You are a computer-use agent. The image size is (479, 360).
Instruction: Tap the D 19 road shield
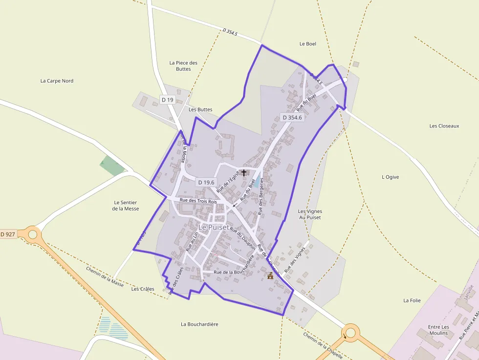167,100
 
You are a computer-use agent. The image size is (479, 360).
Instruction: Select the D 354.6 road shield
292,117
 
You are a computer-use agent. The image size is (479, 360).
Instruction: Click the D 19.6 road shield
206,182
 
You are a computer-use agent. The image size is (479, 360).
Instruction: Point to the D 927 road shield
8,234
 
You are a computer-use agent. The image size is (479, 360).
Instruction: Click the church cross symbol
244,173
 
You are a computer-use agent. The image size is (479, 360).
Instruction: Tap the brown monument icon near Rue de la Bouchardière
270,276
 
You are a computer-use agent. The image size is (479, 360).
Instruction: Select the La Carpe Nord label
57,81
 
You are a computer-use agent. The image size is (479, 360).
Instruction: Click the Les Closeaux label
444,126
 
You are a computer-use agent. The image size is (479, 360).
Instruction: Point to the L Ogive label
390,177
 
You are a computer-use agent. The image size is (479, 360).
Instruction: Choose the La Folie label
412,300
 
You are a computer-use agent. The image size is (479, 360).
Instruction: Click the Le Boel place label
307,44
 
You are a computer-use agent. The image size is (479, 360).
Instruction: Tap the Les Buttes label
200,109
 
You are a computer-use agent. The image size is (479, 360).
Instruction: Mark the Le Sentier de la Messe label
126,206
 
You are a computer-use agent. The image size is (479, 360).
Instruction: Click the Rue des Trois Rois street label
198,201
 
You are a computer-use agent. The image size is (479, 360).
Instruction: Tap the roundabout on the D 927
33,234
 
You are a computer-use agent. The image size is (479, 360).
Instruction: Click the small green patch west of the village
112,166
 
